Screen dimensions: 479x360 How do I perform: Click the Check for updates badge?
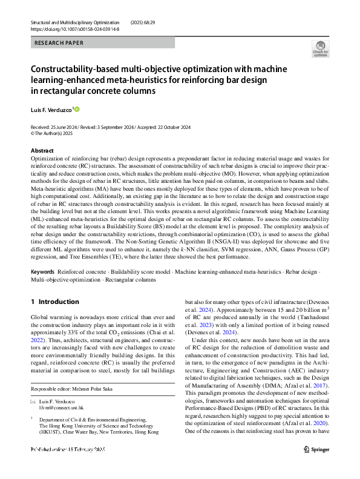(x=319, y=48)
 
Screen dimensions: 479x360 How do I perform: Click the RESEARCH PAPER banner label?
(x=59, y=43)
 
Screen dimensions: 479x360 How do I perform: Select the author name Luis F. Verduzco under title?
(x=51, y=110)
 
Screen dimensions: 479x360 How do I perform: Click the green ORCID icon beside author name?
(x=77, y=110)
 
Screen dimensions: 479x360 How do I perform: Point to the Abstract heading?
(x=42, y=150)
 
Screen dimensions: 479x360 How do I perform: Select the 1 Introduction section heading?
(x=54, y=302)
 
